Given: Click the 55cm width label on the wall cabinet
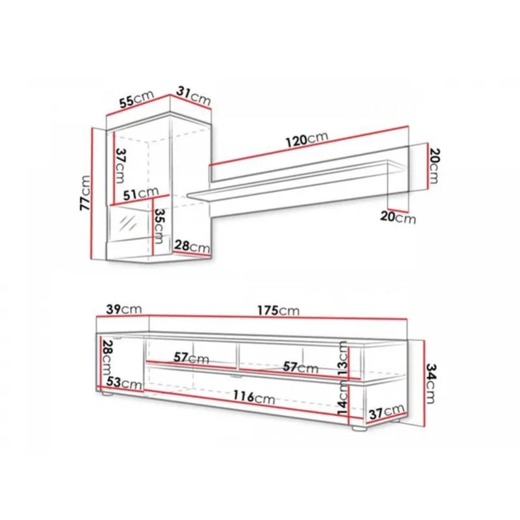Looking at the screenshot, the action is point(137,99).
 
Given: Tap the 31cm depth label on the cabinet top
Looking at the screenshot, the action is point(193,96).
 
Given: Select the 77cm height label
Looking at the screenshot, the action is point(85,192).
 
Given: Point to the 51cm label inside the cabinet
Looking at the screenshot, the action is point(141,194).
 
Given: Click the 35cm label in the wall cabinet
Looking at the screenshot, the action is point(159,226).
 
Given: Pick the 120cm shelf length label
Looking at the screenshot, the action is point(307,139).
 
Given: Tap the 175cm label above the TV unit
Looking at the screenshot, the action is point(278,311).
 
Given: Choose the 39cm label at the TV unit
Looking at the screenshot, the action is point(124,309).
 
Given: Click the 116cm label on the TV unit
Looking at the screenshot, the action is point(253,396).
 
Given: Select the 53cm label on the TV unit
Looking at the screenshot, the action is point(124,383).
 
